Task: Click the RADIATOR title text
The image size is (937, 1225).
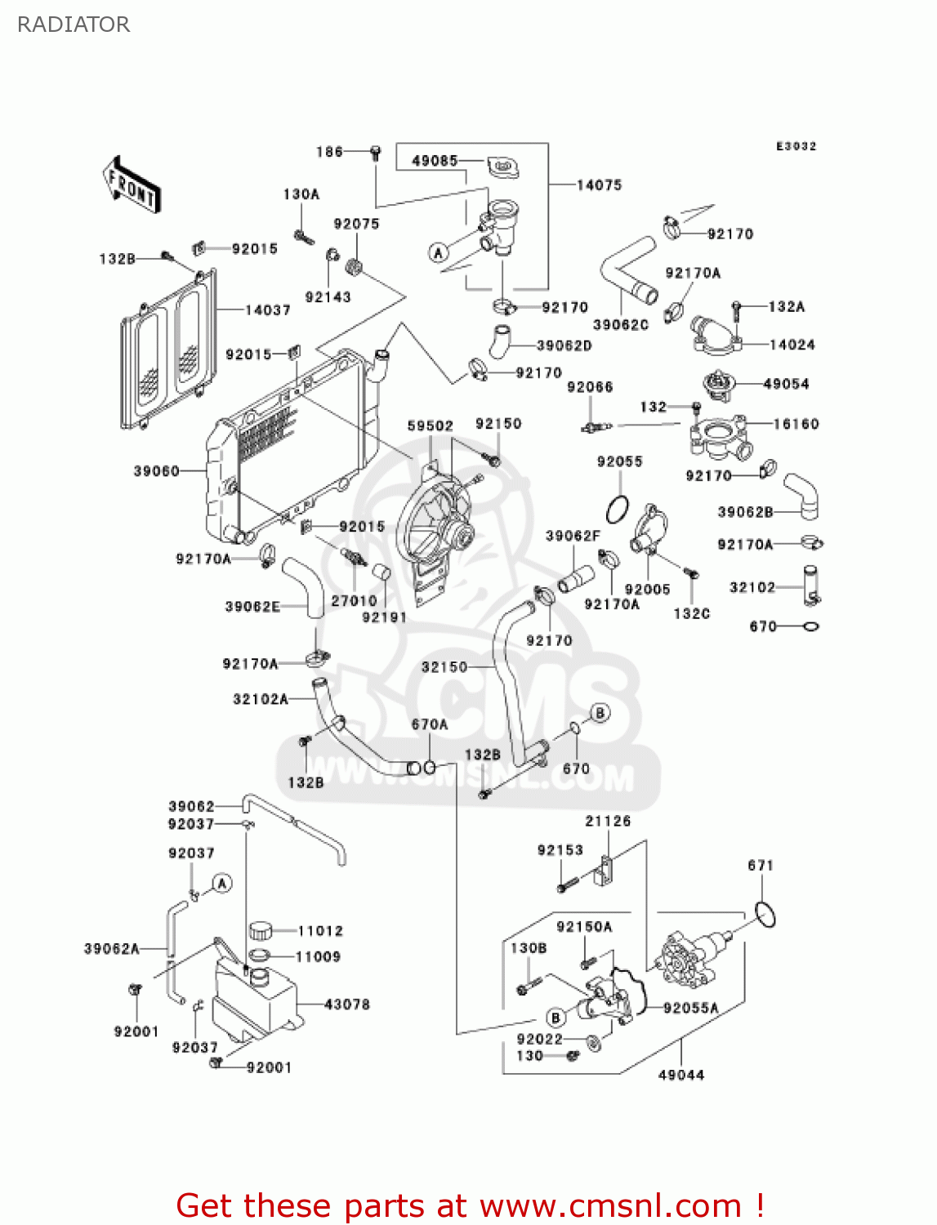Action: pyautogui.click(x=74, y=24)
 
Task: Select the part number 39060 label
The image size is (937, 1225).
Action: pyautogui.click(x=156, y=471)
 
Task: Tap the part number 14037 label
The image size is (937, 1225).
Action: pyautogui.click(x=267, y=310)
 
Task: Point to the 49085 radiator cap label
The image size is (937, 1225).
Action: pyautogui.click(x=435, y=161)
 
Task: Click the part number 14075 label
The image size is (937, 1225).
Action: pyautogui.click(x=599, y=185)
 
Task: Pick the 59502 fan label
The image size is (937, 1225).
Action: pyautogui.click(x=430, y=426)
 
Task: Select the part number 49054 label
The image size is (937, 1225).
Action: pyautogui.click(x=786, y=384)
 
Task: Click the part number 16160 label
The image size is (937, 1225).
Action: pyautogui.click(x=796, y=424)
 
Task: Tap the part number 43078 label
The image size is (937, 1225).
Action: pyautogui.click(x=347, y=1004)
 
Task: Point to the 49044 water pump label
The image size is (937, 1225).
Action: pyautogui.click(x=681, y=1076)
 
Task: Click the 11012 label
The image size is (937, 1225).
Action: pyautogui.click(x=320, y=931)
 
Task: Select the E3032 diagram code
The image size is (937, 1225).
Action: pyautogui.click(x=796, y=146)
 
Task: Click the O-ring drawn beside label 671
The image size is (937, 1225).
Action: pyautogui.click(x=765, y=915)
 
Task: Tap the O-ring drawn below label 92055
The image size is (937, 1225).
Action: pyautogui.click(x=618, y=510)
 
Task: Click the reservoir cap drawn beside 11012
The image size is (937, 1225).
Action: pyautogui.click(x=260, y=930)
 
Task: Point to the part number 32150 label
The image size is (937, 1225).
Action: pyautogui.click(x=444, y=667)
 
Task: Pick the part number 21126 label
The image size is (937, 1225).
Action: pyautogui.click(x=608, y=822)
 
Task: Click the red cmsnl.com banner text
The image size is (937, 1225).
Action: pyautogui.click(x=470, y=1205)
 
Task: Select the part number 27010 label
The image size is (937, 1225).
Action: pyautogui.click(x=354, y=601)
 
